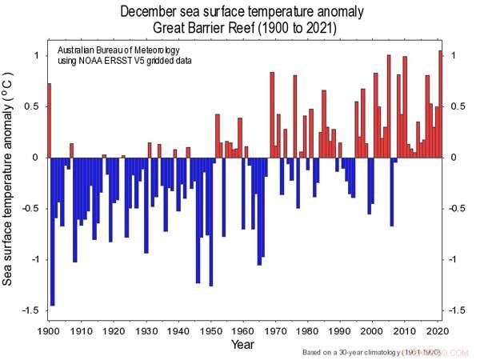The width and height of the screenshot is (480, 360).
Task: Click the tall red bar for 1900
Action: (50, 120)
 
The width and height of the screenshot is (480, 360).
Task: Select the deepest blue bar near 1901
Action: (53, 232)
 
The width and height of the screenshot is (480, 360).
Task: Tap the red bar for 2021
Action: (440, 104)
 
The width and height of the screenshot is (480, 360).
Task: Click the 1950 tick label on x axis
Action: (211, 331)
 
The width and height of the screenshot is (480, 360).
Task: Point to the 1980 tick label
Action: (310, 331)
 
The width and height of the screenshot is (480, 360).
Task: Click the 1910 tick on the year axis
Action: (81, 331)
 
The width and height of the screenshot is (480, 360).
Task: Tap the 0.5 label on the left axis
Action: (34, 106)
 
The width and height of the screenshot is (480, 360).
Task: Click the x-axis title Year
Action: (243, 345)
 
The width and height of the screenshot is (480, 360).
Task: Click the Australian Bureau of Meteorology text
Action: (124, 50)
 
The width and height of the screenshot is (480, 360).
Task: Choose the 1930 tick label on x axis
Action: (146, 331)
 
